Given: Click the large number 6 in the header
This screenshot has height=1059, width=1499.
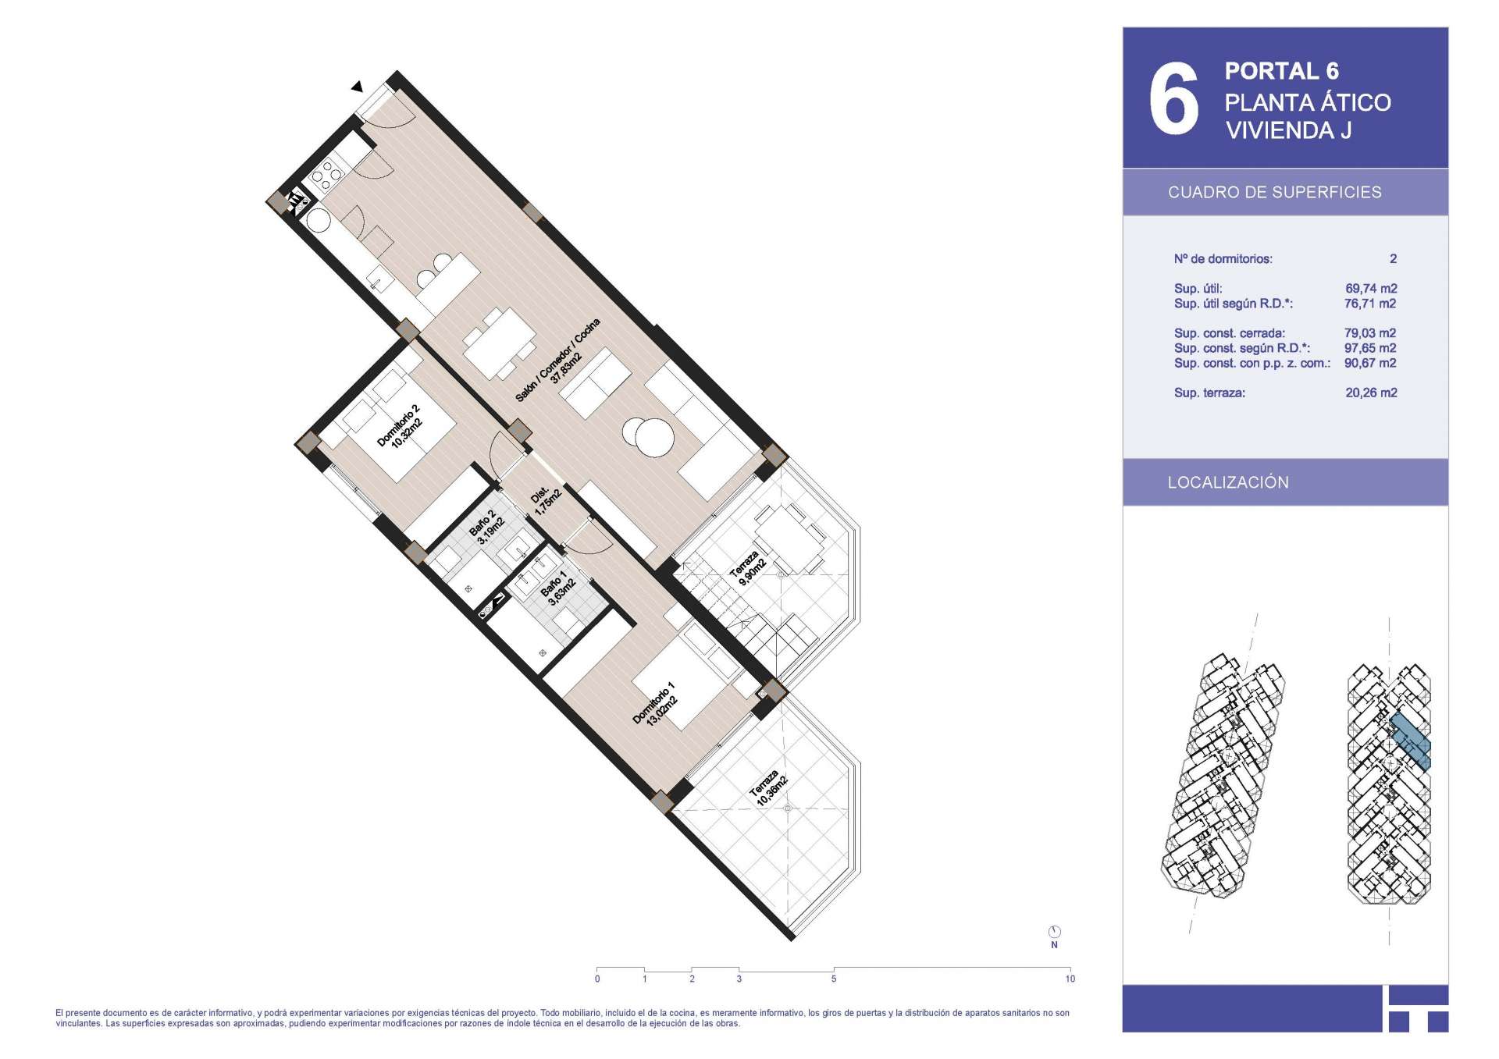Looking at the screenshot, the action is (x=1173, y=98).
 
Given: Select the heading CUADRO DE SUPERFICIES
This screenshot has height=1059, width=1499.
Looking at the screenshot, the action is (x=1274, y=192).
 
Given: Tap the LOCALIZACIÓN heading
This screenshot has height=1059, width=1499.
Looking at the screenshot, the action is (x=1228, y=482).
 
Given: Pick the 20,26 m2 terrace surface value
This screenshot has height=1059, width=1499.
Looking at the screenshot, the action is (x=1371, y=393).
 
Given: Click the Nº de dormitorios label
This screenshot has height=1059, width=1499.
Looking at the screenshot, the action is (x=1223, y=259).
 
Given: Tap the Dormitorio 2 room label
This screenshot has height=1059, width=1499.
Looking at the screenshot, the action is (x=399, y=425).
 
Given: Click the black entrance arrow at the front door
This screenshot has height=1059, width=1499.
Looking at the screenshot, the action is (x=357, y=87).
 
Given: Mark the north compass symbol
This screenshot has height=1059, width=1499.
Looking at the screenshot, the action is (x=1055, y=932).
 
